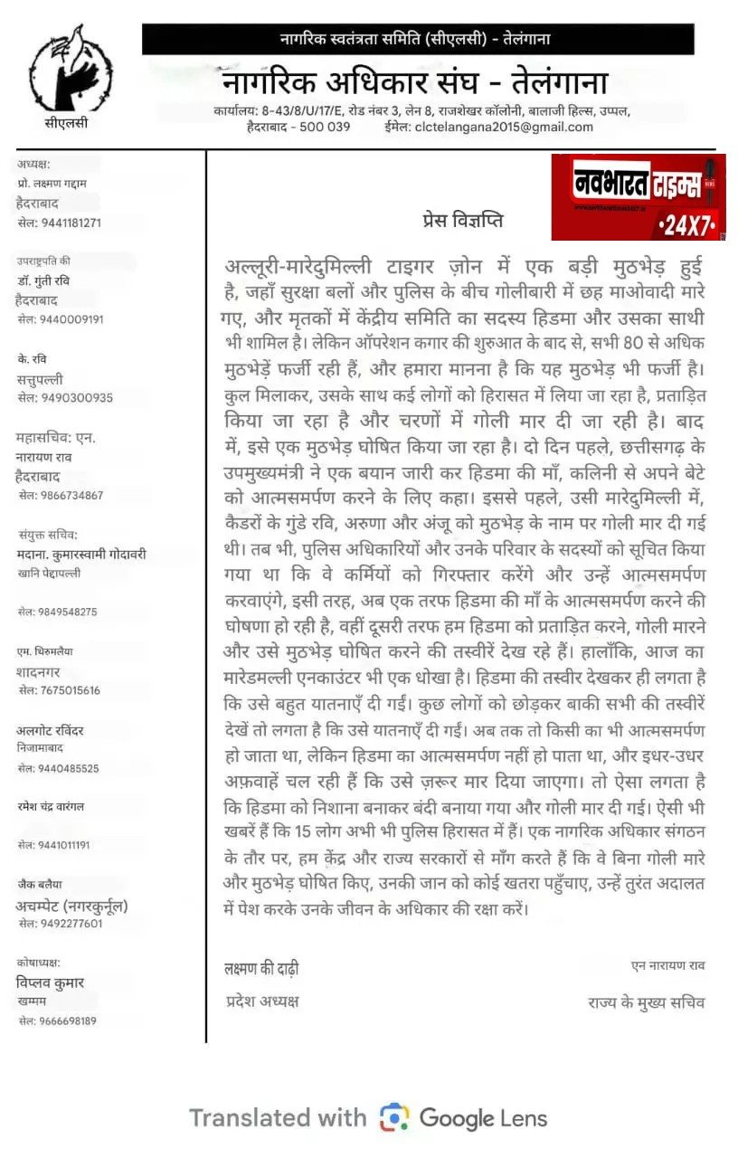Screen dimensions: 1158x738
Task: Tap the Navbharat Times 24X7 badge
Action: click(x=639, y=196)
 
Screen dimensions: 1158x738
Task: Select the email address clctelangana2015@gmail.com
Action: click(x=504, y=128)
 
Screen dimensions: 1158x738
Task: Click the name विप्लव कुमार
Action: click(x=50, y=982)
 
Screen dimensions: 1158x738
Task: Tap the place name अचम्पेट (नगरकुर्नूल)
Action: click(x=71, y=906)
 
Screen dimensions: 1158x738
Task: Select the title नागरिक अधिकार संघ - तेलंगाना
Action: click(x=414, y=81)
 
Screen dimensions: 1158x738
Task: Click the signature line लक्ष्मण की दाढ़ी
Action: click(x=261, y=968)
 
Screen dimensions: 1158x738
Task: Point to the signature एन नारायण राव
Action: click(x=667, y=966)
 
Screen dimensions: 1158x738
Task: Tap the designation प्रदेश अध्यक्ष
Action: click(x=261, y=1001)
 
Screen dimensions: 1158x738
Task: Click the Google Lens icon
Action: click(x=394, y=1117)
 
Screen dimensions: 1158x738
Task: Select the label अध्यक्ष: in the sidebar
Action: click(x=33, y=164)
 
